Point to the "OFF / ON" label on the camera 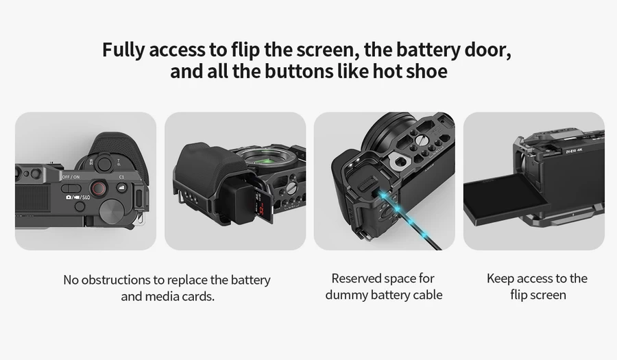[x=71, y=177]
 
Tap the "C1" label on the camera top [x=121, y=178]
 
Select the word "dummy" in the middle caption [x=349, y=295]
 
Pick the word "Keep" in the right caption [x=500, y=278]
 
